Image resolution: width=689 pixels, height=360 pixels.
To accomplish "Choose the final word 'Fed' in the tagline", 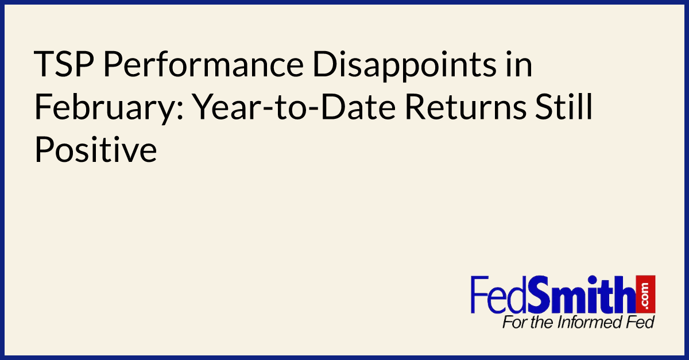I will (640, 322).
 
